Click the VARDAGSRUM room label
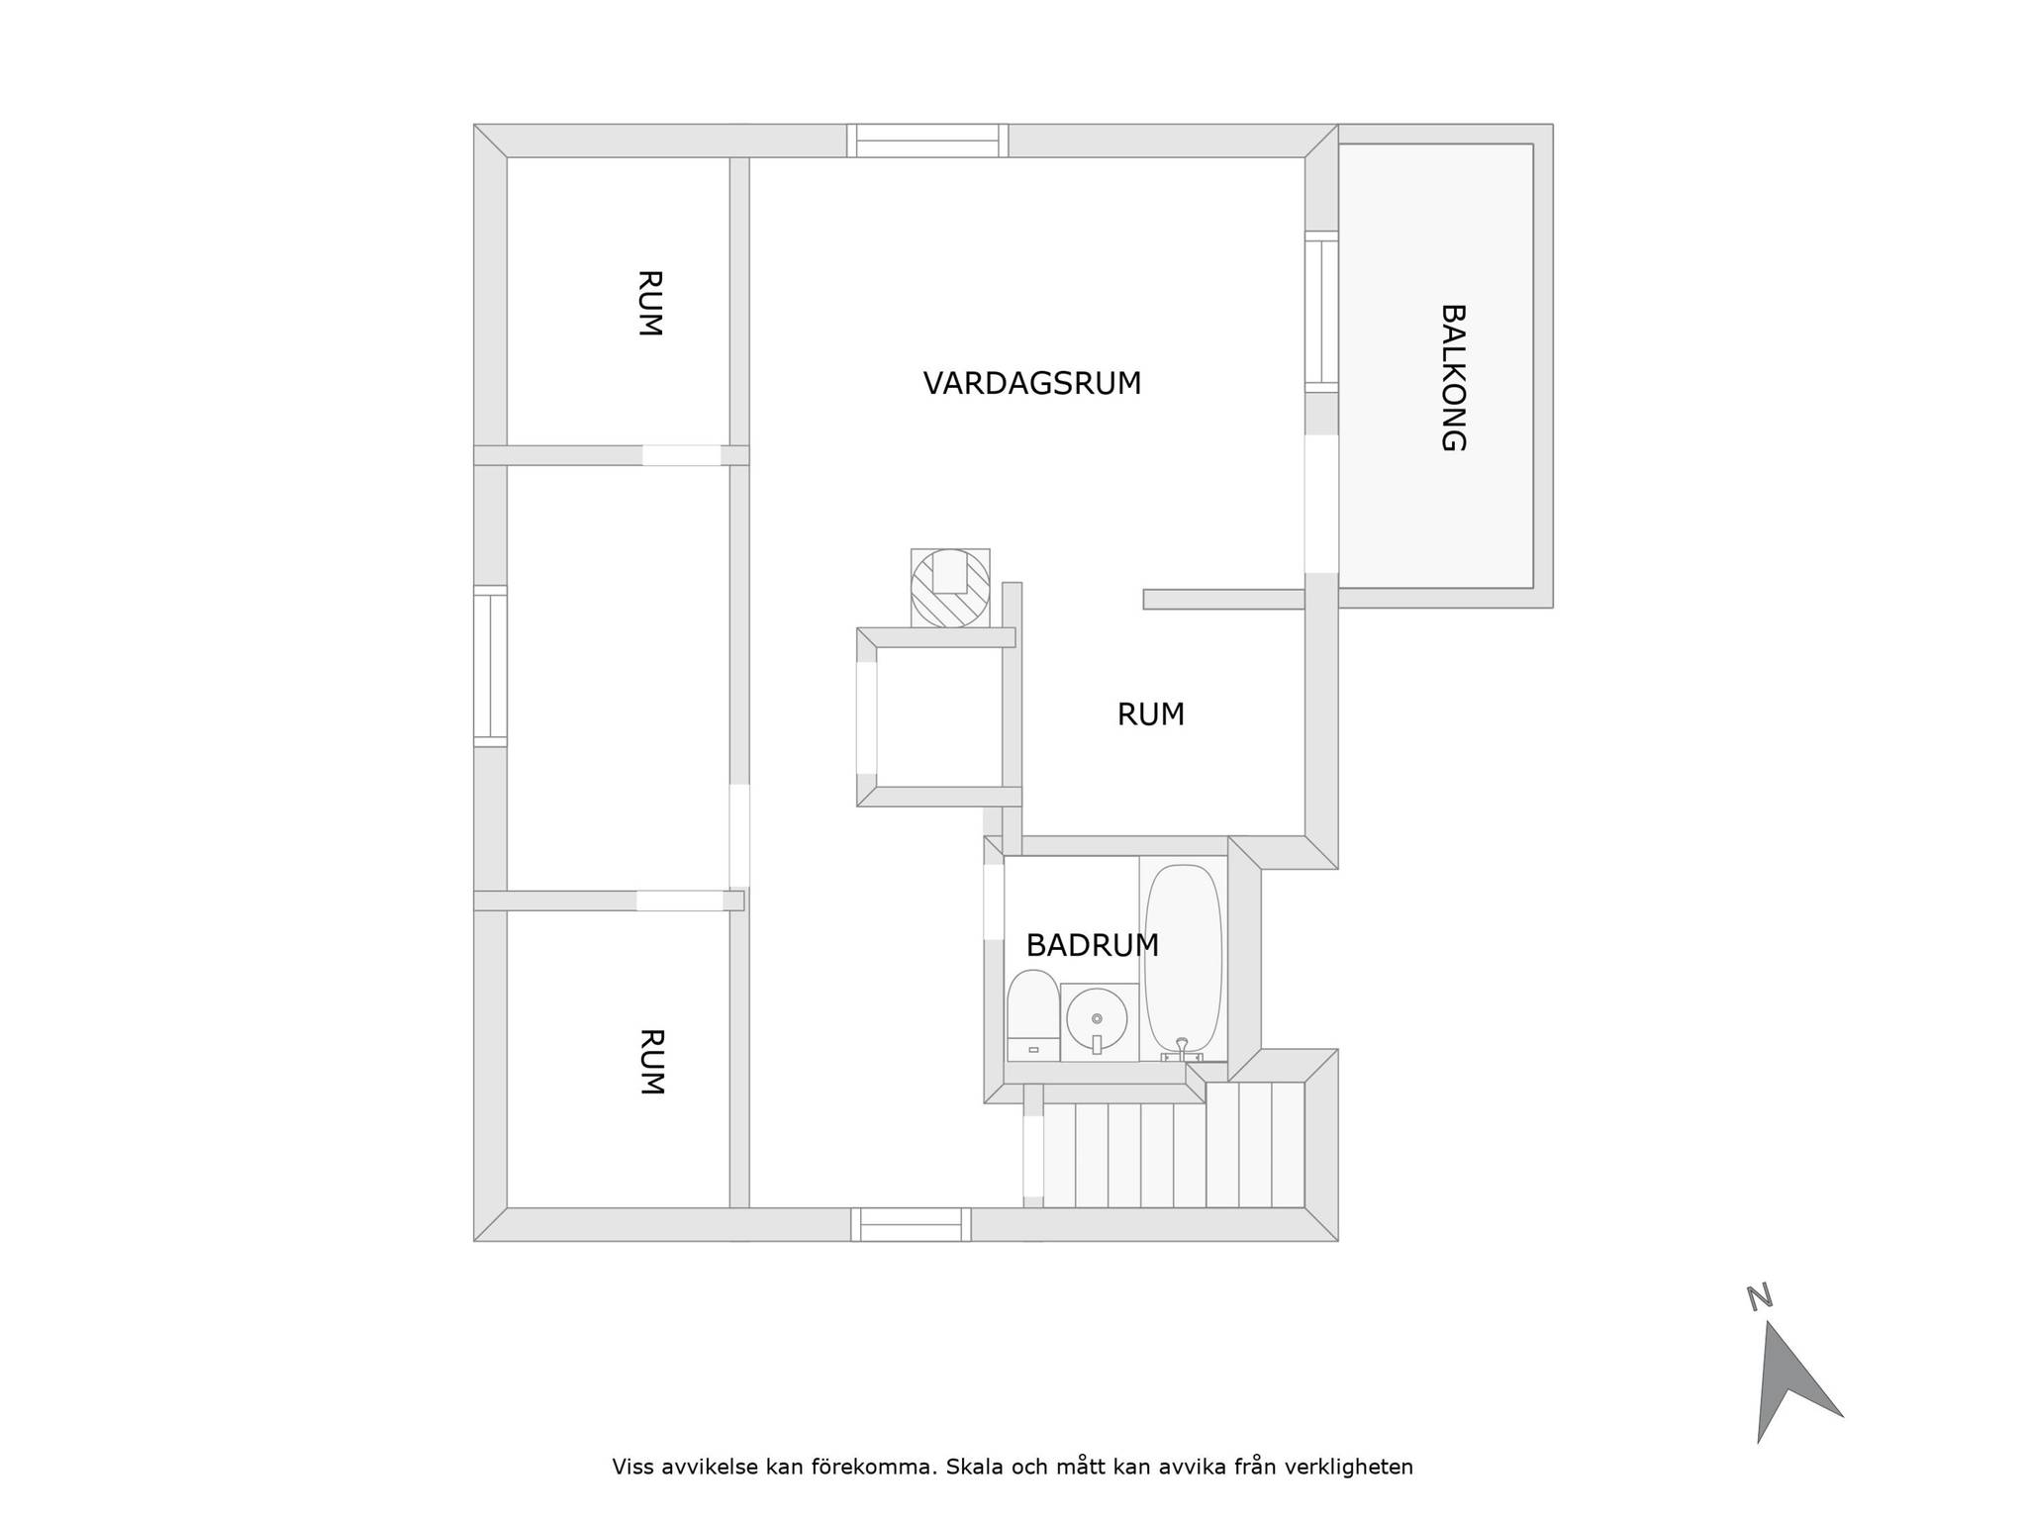tap(1032, 383)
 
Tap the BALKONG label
tap(1452, 377)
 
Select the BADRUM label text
tap(1092, 946)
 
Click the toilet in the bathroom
tap(1032, 1014)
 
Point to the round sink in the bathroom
tap(1097, 1019)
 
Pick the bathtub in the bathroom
tap(1183, 958)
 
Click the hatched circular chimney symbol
tap(950, 588)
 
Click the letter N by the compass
tap(1759, 1297)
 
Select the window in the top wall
tap(927, 141)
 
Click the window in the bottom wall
tap(911, 1224)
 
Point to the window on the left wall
tap(490, 665)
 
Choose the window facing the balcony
tap(1321, 312)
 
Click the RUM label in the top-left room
tap(649, 304)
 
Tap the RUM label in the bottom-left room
tap(650, 1062)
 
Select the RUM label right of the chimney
tap(1150, 714)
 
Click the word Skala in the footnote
tap(971, 1467)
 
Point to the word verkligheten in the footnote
tap(1348, 1467)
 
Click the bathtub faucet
tap(1181, 1051)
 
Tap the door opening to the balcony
tap(1321, 504)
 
